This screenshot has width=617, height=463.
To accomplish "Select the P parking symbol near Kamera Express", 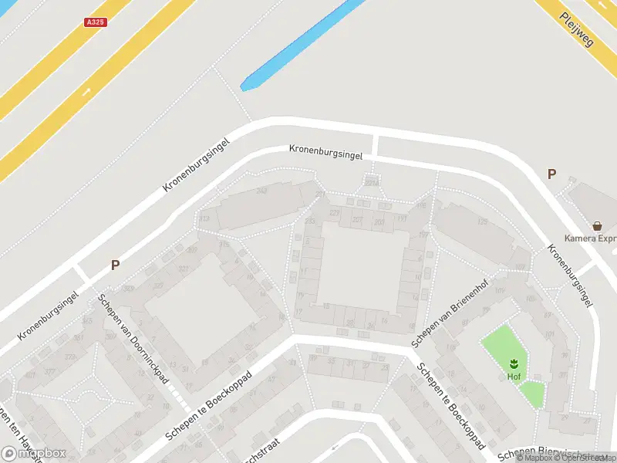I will click(551, 174).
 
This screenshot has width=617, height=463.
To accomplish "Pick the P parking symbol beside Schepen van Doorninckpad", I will click(115, 265).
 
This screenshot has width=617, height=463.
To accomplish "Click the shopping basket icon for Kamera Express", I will click(597, 226).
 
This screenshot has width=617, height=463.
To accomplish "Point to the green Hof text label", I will click(513, 377).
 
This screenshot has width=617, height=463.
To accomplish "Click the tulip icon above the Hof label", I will click(513, 362).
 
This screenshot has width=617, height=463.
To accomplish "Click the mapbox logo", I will click(34, 453).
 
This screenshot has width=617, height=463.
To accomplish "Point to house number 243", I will click(261, 191).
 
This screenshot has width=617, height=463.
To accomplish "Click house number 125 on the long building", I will click(484, 222).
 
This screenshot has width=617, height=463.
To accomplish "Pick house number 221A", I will click(373, 182).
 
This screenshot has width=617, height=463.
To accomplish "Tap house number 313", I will click(204, 219).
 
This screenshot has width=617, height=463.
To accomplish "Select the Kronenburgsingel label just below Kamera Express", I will click(570, 276).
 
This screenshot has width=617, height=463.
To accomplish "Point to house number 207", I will click(357, 220).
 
